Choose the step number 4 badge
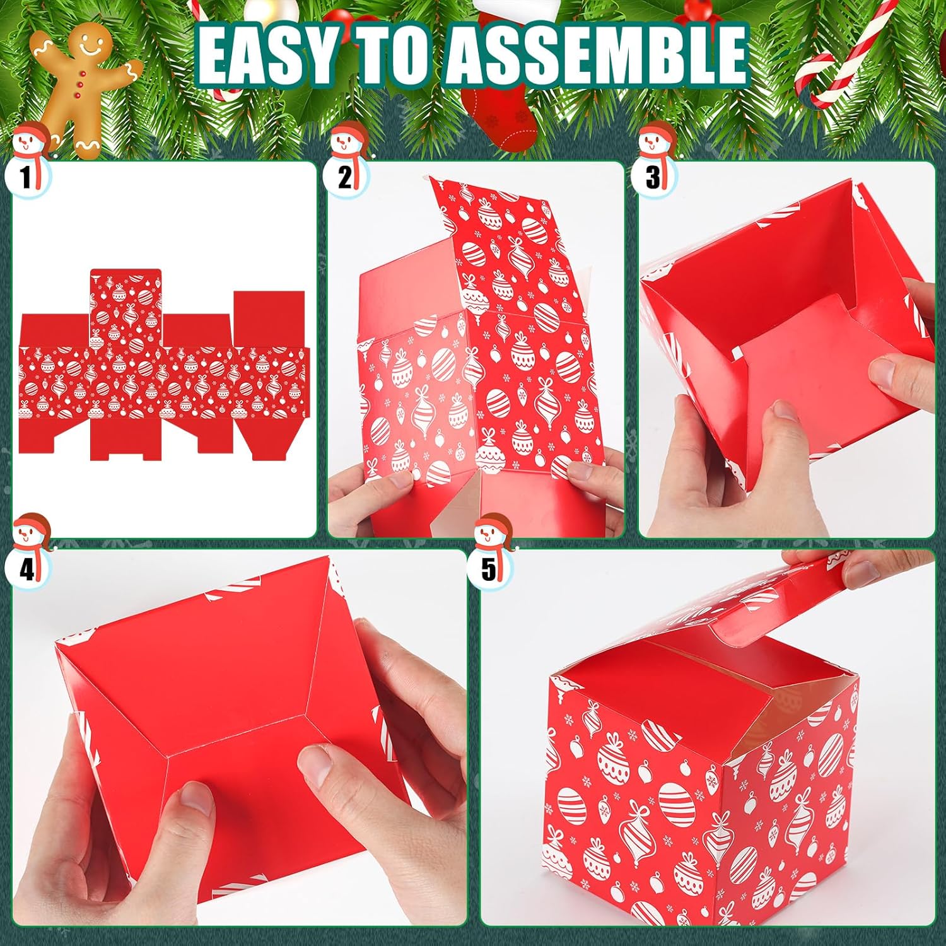(26, 569)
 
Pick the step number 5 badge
(488, 569)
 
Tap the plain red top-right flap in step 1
(269, 318)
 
